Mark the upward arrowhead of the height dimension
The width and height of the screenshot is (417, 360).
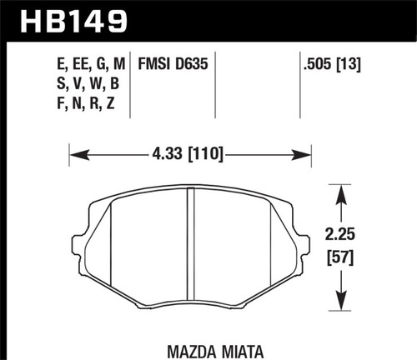(340, 192)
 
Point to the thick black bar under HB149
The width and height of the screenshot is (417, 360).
(208, 38)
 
